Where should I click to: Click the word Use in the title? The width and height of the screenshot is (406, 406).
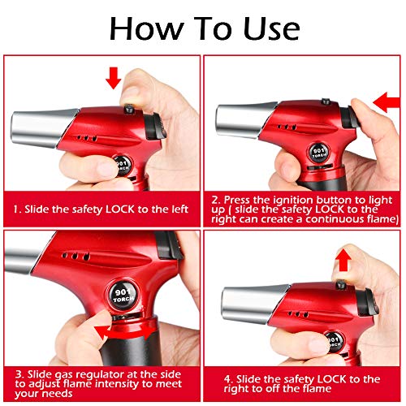pyautogui.click(x=271, y=28)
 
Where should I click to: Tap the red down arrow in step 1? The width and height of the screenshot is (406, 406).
pyautogui.click(x=114, y=78)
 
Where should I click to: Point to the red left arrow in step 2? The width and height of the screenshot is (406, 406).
pyautogui.click(x=387, y=102)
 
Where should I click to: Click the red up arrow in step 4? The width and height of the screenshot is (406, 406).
pyautogui.click(x=343, y=260)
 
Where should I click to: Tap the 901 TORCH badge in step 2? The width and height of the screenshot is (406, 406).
pyautogui.click(x=319, y=153)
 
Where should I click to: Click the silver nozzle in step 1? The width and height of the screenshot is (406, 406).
pyautogui.click(x=43, y=127)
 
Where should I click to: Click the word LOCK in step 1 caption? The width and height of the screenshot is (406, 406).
pyautogui.click(x=120, y=209)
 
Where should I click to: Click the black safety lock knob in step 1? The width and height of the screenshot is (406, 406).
pyautogui.click(x=129, y=110)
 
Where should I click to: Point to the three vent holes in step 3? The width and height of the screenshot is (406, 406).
pyautogui.click(x=76, y=256)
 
